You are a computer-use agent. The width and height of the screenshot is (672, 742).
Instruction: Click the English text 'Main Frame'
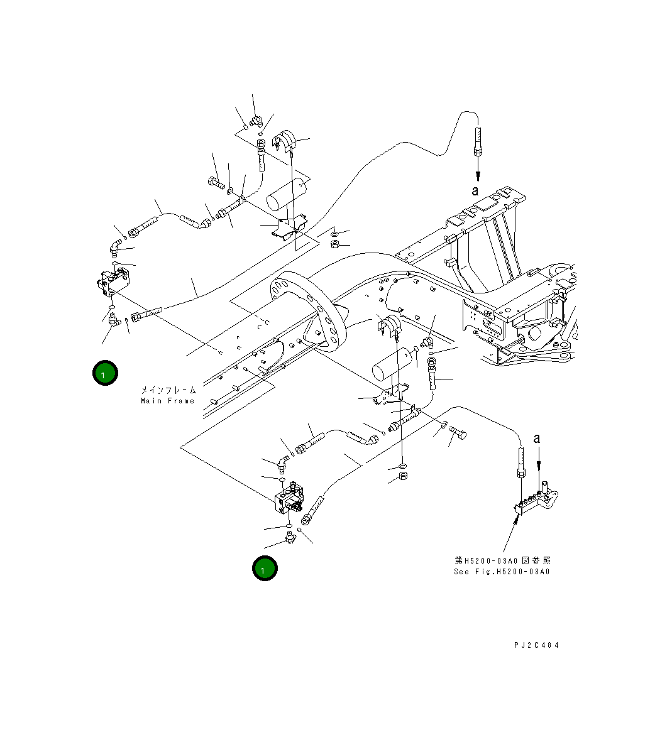pos(168,401)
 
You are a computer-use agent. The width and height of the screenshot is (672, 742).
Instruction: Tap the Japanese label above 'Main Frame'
pos(168,390)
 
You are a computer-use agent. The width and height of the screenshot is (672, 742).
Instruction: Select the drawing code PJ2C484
pos(536,645)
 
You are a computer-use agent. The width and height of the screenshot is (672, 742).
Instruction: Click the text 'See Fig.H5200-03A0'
pos(502,572)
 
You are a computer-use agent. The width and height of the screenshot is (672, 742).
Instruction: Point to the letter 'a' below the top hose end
pos(476,190)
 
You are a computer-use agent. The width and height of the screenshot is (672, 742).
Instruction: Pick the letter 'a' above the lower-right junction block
pos(537,439)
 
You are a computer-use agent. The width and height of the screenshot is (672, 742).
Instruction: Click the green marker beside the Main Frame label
pos(105,373)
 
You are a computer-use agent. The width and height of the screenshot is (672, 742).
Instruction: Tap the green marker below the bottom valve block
pos(265,569)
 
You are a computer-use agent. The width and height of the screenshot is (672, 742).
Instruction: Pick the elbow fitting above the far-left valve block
pos(116,246)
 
